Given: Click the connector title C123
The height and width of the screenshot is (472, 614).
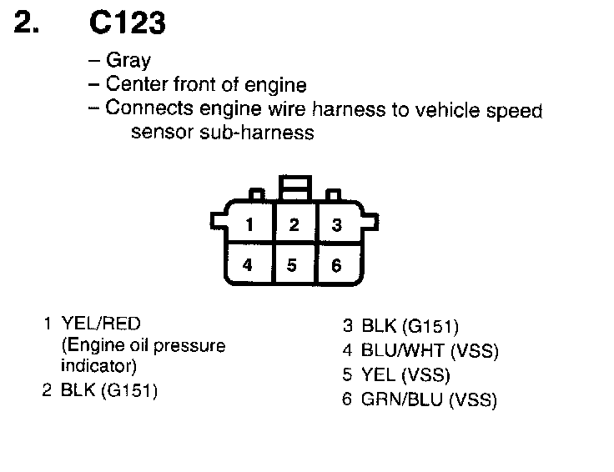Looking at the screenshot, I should (127, 24).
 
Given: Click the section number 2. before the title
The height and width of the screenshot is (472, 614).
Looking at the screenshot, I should (28, 24).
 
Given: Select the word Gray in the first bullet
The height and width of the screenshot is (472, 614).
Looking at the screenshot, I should (128, 61).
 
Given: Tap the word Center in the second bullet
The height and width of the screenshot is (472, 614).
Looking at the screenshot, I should (135, 85).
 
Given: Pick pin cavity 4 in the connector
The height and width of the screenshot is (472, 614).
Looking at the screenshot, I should (248, 265).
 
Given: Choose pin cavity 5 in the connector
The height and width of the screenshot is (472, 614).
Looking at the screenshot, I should (292, 265).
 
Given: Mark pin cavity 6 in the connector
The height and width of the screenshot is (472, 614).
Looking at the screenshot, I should (336, 265).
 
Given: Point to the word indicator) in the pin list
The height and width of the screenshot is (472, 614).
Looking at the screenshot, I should (99, 365).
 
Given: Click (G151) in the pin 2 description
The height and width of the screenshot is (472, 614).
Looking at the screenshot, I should (128, 390).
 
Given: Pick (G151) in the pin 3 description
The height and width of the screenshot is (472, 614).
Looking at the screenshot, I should (430, 326).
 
